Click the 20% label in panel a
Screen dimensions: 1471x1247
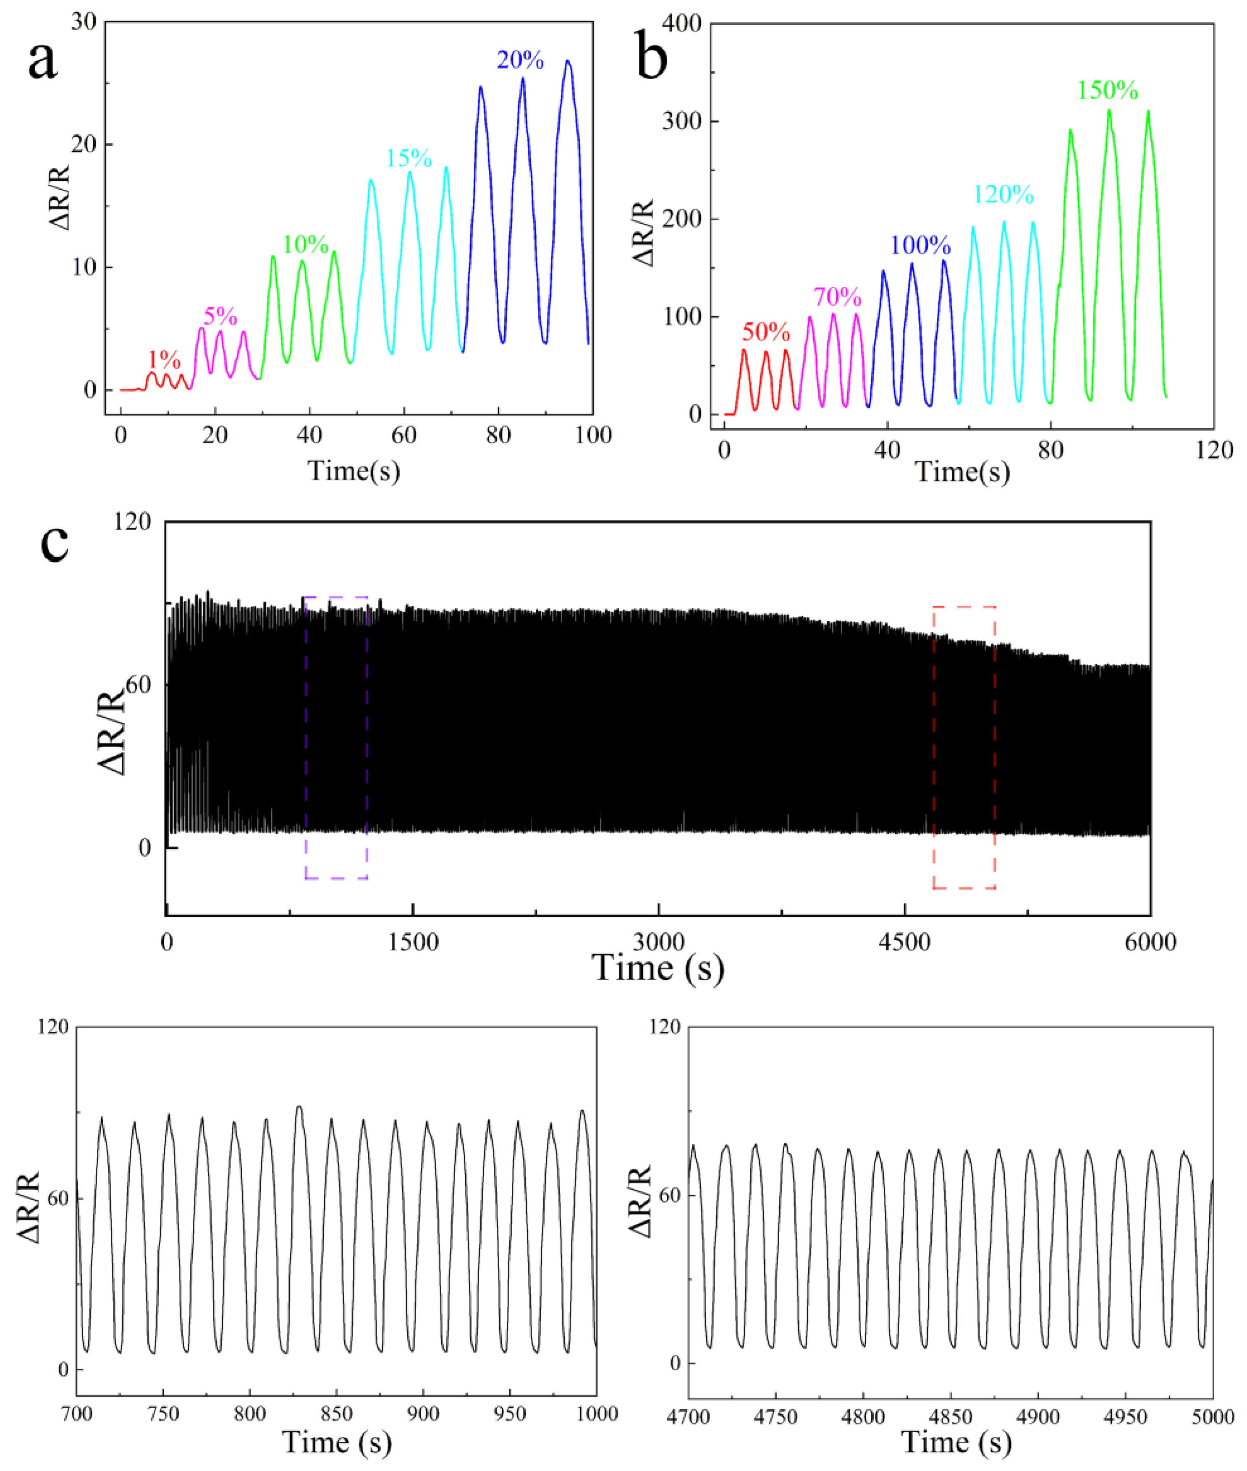520,61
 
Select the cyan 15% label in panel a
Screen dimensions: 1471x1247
409,158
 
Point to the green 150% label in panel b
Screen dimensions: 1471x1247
1108,91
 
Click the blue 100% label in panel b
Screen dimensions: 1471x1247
920,245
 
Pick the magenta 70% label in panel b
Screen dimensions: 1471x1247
837,297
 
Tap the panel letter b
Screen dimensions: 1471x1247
651,59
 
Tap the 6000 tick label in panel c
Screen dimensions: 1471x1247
1150,942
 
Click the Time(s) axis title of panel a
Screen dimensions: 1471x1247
354,470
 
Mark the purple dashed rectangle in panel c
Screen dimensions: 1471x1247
336,737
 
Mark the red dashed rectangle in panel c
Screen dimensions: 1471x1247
964,747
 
